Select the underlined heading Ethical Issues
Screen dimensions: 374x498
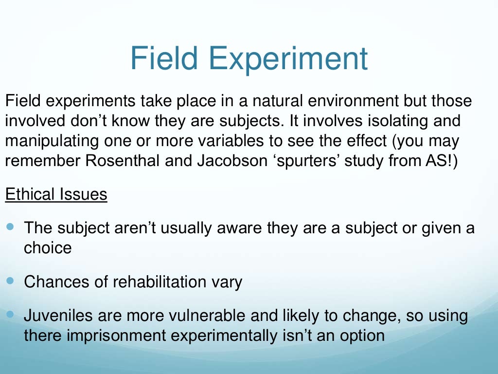[56, 194]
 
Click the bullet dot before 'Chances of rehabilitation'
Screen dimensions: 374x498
[11, 281]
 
